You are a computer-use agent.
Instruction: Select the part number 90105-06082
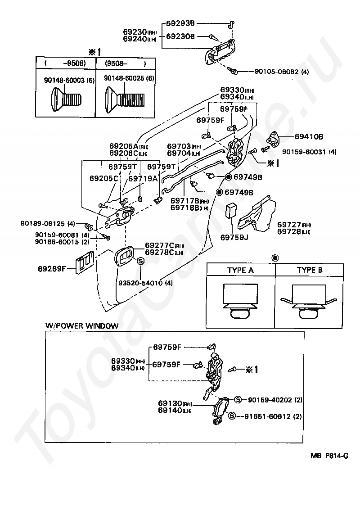(276, 71)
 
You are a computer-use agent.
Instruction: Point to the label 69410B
(309, 136)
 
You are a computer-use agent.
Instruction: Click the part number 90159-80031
(300, 152)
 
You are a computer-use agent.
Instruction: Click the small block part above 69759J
(232, 210)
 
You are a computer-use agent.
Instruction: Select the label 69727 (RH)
(294, 224)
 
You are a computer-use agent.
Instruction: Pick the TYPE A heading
(240, 270)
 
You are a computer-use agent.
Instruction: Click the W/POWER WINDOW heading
(82, 325)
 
